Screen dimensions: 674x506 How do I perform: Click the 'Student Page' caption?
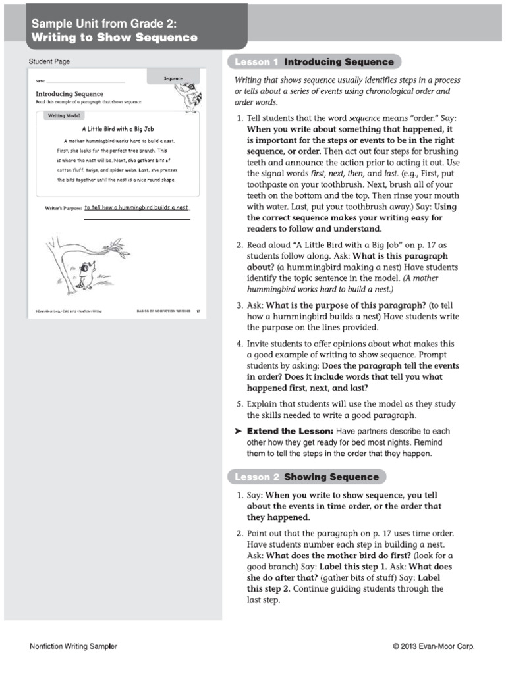49,62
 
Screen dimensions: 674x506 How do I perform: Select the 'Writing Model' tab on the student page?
65,116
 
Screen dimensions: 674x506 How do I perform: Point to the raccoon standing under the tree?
84,270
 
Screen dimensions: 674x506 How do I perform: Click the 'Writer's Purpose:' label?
63,208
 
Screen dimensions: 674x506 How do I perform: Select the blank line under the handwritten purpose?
137,219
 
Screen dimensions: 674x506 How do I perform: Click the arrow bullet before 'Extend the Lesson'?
239,431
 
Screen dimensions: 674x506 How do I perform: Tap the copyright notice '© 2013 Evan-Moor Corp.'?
434,646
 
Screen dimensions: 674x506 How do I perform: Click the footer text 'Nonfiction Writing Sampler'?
74,646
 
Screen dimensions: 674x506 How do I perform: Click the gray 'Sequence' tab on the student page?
173,78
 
